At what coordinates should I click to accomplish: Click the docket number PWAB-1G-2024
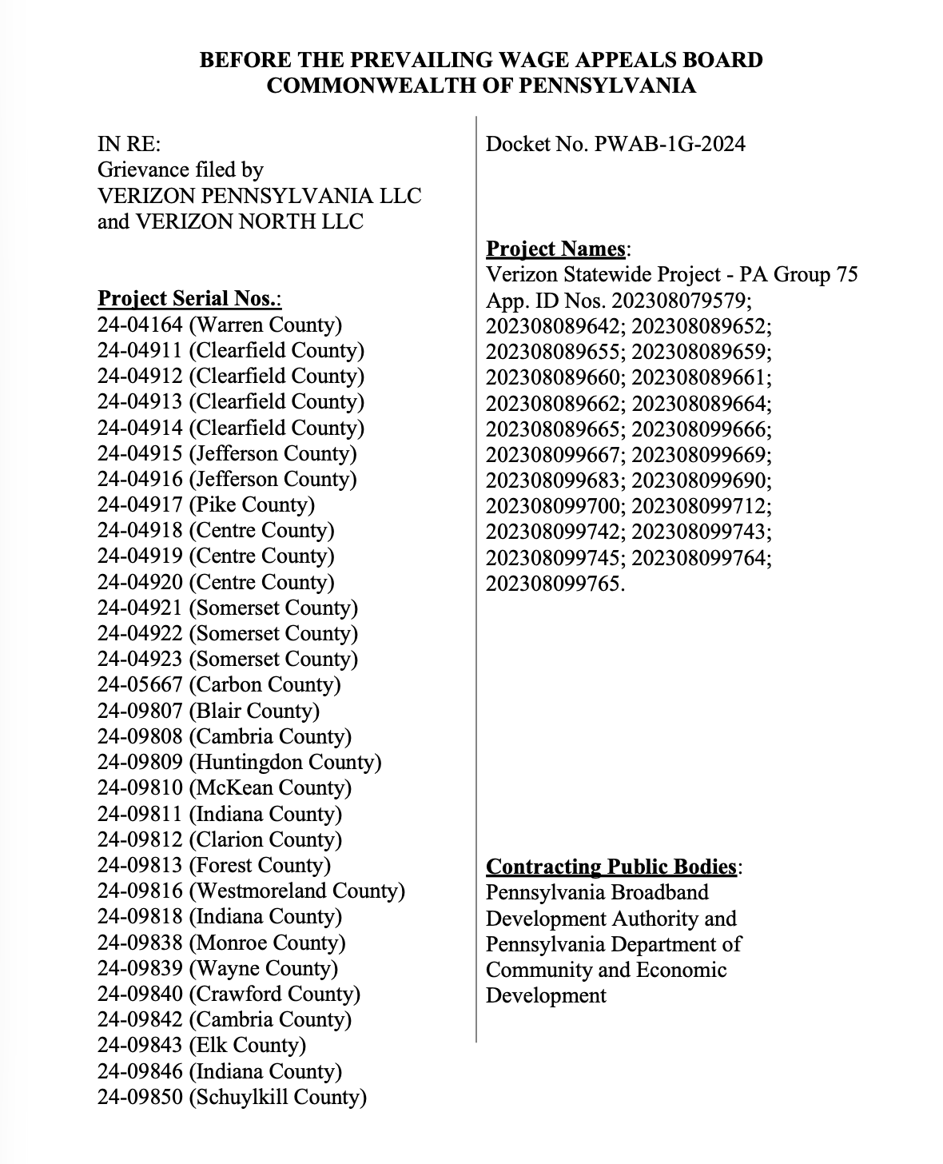coord(670,144)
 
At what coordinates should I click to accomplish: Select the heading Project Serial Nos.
coord(189,299)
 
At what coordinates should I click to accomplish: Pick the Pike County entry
coord(206,504)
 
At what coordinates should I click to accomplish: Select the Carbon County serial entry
coord(219,684)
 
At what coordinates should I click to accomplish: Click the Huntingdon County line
coord(239,762)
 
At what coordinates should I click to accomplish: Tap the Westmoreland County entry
coord(251,891)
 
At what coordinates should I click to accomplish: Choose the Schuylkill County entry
coord(232,1097)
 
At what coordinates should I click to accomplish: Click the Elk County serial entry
coord(201,1045)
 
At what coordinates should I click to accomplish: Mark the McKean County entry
coord(225,787)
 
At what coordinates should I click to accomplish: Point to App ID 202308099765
coord(554,584)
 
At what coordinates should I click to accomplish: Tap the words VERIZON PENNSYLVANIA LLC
coord(259,196)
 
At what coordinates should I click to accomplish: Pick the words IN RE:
coord(129,144)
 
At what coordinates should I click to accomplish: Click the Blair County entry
coord(208,711)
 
